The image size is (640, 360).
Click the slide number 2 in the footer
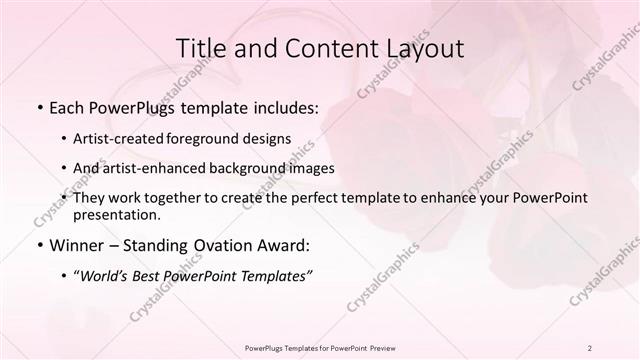click(x=590, y=347)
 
